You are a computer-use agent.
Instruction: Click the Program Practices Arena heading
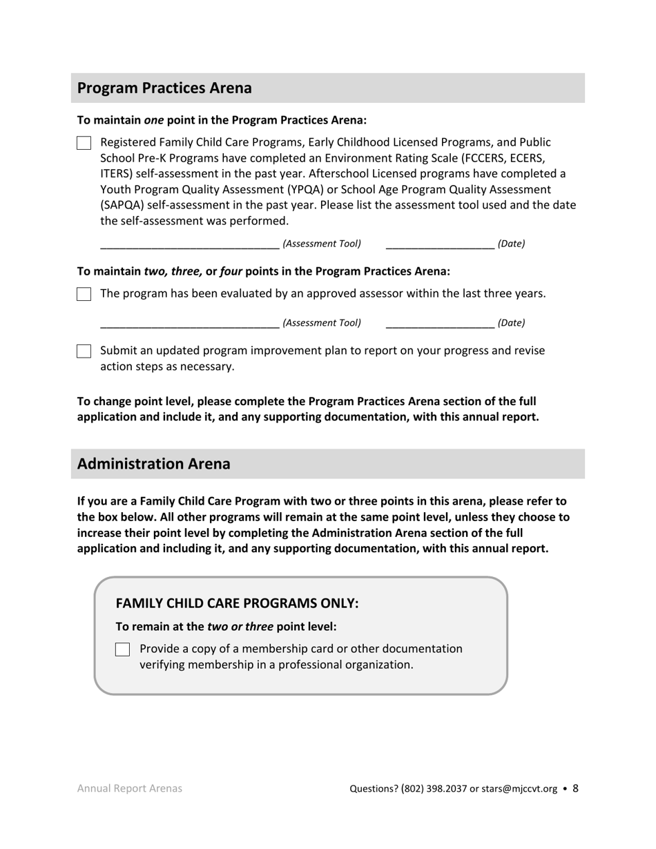164,88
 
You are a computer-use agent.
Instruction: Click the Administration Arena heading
153,464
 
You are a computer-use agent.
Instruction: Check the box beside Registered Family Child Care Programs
84,144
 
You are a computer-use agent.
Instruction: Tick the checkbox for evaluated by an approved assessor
84,294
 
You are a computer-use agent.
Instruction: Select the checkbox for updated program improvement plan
84,351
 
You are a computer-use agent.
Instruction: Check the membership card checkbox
122,650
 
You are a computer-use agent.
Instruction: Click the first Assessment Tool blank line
189,244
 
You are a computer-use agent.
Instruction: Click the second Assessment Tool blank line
189,323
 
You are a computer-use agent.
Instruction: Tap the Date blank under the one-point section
440,244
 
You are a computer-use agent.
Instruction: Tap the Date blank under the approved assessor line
440,323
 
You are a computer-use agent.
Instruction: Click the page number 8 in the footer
576,788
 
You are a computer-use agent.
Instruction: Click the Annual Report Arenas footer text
130,789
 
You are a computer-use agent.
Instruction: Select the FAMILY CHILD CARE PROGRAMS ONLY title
237,603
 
